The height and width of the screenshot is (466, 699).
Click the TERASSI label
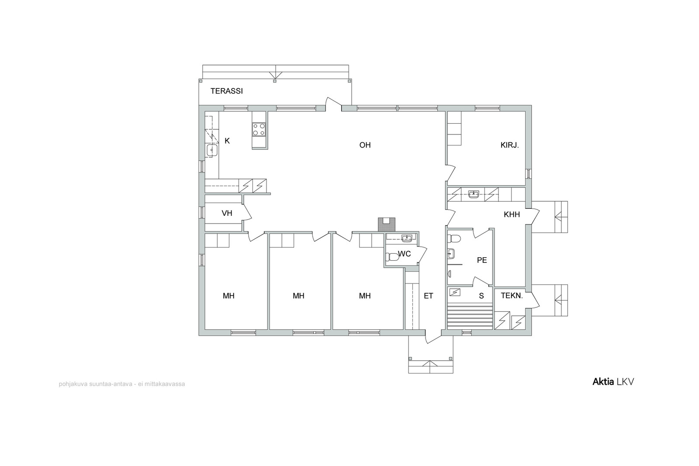[227, 91]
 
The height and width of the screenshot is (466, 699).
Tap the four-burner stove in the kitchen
[259, 129]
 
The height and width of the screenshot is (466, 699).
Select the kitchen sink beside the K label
[212, 150]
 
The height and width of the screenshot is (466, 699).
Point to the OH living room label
[365, 145]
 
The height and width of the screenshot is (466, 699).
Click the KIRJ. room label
[509, 145]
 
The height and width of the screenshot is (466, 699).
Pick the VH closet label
[227, 213]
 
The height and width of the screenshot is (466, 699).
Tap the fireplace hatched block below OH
[386, 224]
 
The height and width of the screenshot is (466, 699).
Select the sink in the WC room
[407, 238]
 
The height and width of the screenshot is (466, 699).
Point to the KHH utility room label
[512, 214]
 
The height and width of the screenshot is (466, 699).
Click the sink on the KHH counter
[474, 194]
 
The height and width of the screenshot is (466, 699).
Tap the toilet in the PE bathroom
[454, 239]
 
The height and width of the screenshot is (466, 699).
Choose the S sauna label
[481, 296]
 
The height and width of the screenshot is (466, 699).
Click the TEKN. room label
[512, 296]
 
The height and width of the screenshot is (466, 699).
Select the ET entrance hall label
[429, 296]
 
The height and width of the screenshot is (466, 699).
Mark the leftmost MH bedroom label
[228, 296]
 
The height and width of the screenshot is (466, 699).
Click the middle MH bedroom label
[298, 296]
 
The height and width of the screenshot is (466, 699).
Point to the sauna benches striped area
[470, 317]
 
